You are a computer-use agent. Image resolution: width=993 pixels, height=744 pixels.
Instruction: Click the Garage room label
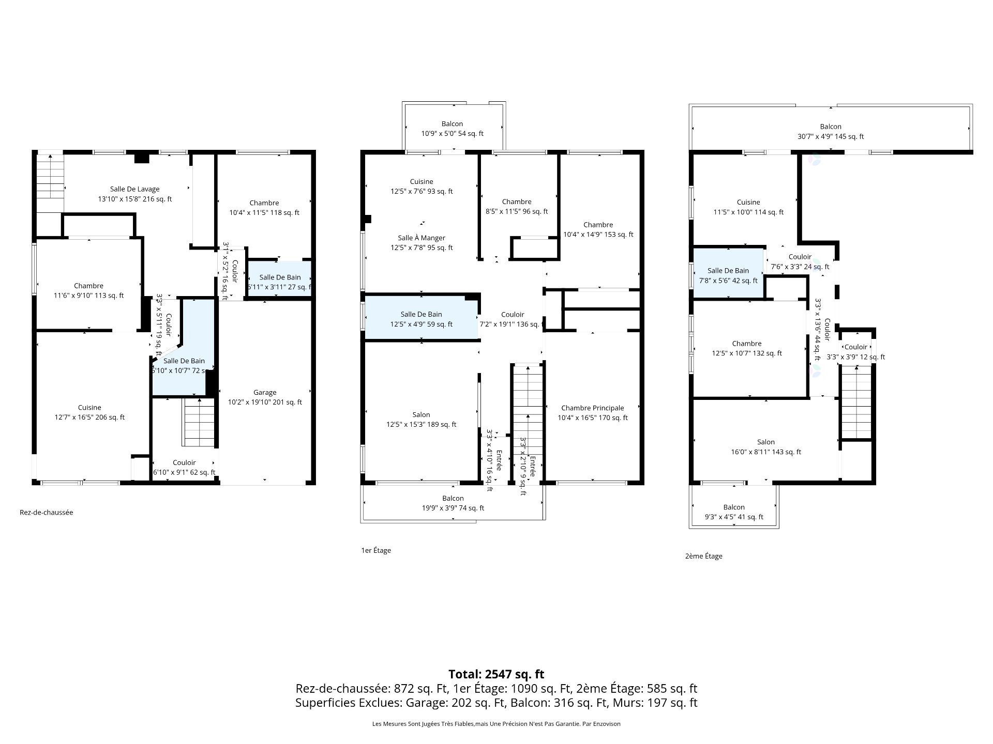265,397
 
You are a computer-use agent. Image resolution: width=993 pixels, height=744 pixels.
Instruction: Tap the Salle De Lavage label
134,194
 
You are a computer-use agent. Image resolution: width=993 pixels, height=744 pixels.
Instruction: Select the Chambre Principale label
593,413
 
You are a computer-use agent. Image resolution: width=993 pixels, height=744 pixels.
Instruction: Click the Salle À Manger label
422,243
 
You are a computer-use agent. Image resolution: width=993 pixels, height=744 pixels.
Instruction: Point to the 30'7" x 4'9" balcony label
831,132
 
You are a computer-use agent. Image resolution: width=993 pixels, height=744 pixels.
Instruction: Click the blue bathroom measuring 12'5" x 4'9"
422,319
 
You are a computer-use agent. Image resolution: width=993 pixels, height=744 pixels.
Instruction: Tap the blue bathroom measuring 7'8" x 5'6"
728,275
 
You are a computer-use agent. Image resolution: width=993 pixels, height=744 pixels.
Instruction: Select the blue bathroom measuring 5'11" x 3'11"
280,282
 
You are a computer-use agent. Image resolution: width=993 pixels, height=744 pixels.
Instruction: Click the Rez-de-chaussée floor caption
47,513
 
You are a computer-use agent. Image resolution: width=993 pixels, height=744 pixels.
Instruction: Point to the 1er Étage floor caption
376,550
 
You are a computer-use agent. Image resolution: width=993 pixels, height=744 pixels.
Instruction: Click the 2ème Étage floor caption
704,556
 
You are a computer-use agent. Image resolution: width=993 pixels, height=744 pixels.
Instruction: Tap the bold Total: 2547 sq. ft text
496,674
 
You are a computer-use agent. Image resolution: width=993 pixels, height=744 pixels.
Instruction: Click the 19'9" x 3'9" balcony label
453,503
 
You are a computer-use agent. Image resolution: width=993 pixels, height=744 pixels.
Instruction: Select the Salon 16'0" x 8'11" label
766,447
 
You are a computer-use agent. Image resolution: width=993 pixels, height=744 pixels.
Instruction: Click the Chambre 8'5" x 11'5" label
517,207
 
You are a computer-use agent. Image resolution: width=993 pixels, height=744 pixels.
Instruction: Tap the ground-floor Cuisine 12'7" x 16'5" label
89,412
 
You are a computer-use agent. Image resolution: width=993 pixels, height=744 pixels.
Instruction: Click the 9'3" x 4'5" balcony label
734,512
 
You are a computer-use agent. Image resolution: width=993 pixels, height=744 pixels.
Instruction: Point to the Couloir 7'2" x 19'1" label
513,319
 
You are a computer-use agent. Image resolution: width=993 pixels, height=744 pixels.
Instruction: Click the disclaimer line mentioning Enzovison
496,724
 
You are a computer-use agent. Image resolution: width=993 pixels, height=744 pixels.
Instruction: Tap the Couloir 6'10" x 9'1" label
184,468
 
